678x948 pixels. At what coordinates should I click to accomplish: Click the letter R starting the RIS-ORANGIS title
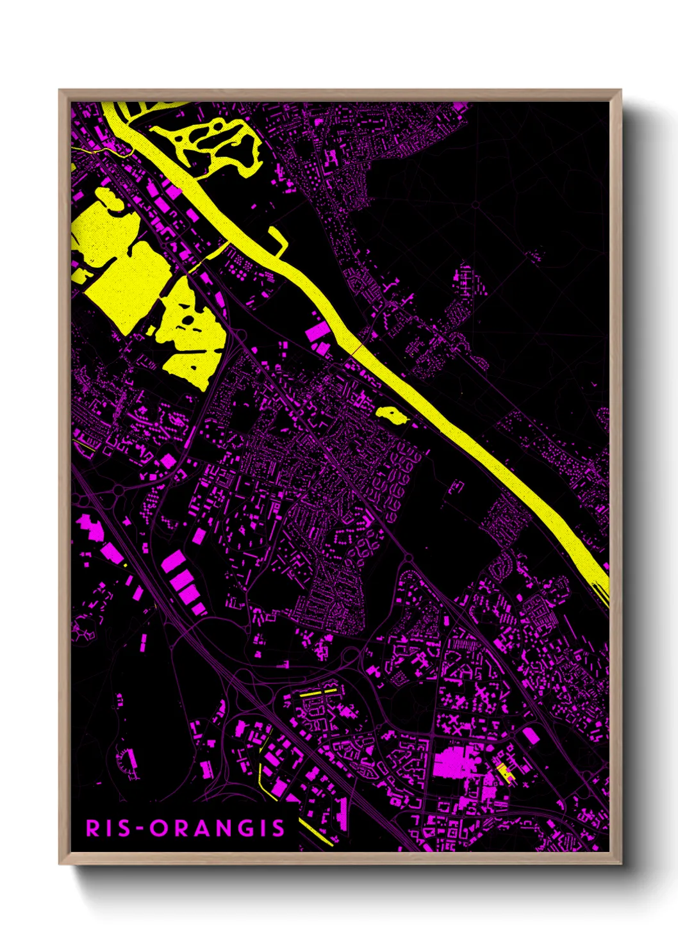coord(93,828)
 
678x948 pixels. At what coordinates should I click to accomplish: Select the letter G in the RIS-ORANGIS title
coord(244,828)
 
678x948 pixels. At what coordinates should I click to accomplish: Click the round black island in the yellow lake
coord(188,320)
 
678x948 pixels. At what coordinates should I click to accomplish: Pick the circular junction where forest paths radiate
coord(475,205)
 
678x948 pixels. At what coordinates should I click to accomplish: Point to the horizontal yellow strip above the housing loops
coord(318,692)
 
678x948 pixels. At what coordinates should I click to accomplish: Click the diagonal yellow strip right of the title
coord(316,831)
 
